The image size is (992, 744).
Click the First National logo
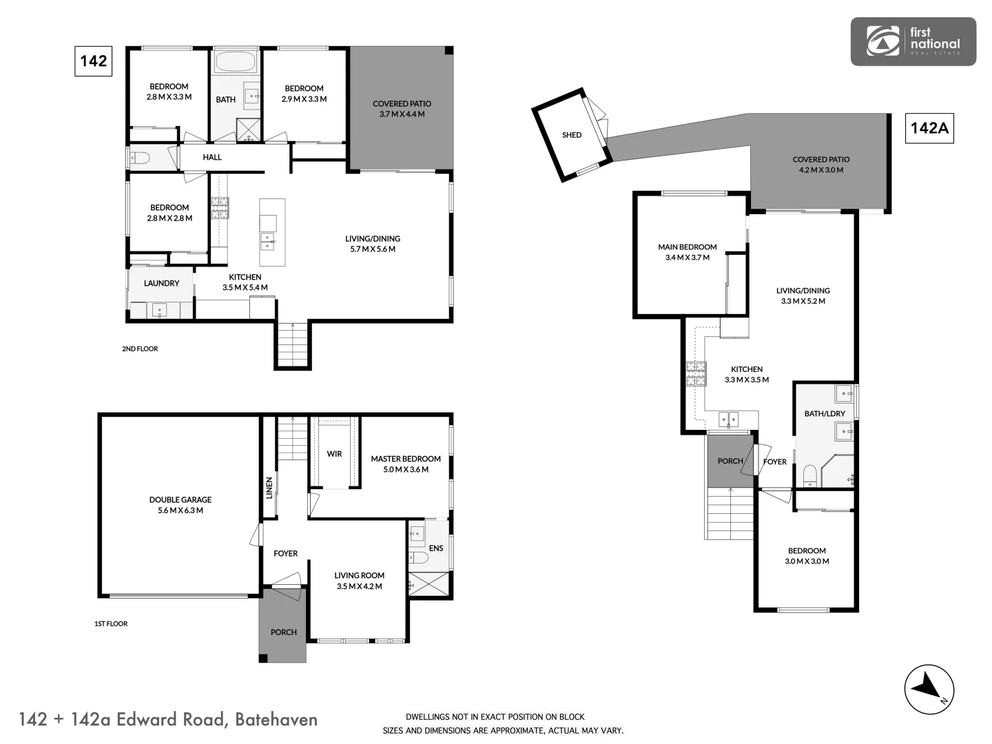913,41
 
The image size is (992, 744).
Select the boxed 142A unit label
929,128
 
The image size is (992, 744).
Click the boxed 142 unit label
93,61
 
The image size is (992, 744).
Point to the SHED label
572,135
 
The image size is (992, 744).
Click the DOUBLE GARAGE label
180,500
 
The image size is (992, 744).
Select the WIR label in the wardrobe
334,454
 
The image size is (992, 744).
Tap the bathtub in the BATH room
236,62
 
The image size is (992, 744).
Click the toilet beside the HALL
140,158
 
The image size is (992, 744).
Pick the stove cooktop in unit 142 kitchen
220,207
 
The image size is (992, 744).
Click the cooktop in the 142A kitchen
696,373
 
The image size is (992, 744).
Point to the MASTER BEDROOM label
406,459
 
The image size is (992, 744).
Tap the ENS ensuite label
436,548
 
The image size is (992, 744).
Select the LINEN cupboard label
269,488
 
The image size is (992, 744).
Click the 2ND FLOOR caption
140,349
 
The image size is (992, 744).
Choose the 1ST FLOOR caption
111,624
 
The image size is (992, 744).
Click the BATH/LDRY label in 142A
825,414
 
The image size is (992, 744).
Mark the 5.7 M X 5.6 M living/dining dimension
373,249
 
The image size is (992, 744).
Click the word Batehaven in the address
276,720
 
